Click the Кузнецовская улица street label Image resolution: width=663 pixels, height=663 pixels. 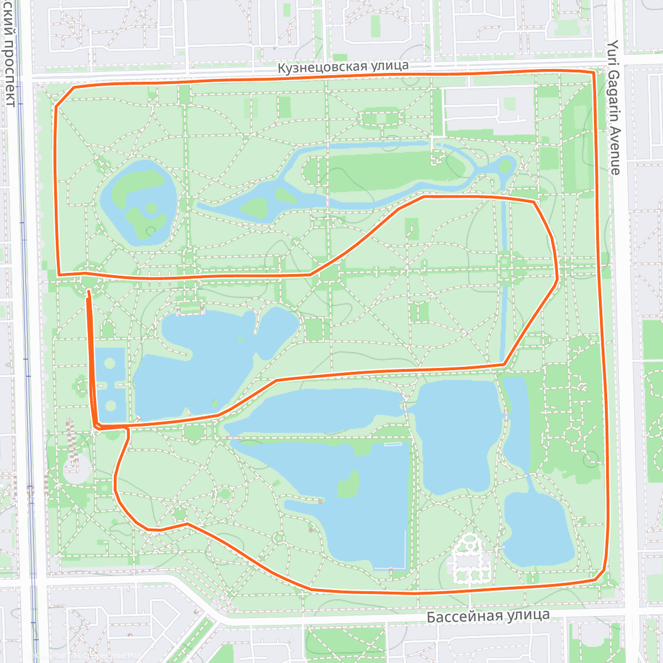(x=343, y=67)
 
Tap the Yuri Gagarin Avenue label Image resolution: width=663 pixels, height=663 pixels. (x=614, y=107)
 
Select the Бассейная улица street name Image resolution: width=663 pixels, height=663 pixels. (x=488, y=615)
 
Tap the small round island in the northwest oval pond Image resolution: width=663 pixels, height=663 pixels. (x=151, y=208)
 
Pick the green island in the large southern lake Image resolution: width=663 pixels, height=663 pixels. (x=348, y=485)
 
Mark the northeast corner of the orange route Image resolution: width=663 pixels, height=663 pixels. (x=593, y=72)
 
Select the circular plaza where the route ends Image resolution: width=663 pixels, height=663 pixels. (x=88, y=280)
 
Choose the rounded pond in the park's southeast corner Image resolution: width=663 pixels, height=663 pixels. (x=539, y=530)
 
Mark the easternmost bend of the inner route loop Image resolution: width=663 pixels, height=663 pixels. (x=556, y=279)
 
